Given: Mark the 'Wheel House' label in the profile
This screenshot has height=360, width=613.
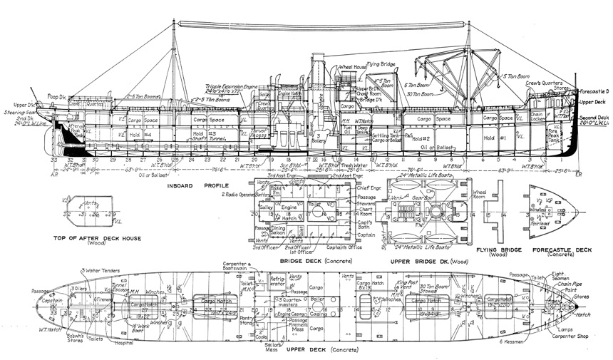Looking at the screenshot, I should coord(352,66).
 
